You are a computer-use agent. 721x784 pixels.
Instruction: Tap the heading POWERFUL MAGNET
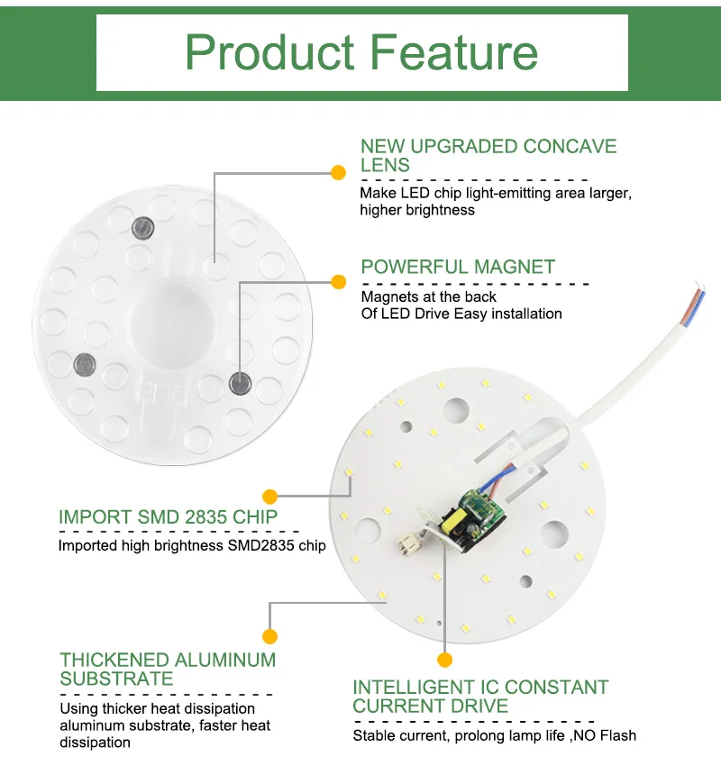tap(458, 267)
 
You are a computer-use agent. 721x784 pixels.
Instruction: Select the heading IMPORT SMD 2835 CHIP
tap(168, 517)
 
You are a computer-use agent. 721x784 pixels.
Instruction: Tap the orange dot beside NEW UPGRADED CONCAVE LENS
tap(338, 171)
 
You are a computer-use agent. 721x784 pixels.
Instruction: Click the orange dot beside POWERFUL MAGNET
tap(338, 282)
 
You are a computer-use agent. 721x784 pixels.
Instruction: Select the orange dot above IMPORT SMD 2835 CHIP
tap(269, 495)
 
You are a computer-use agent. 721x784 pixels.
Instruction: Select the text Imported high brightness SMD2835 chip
tap(192, 545)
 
